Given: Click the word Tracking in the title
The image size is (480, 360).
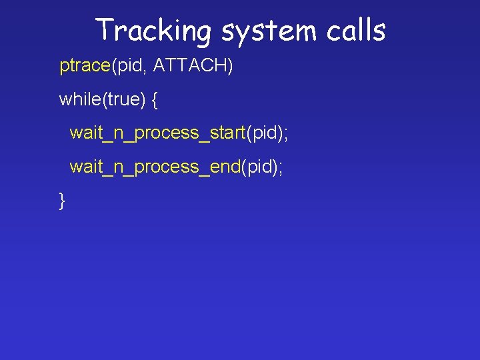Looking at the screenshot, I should tap(153, 31).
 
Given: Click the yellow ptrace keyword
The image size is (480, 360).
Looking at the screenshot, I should tap(84, 67).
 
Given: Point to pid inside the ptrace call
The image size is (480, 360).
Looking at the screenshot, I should tap(127, 67).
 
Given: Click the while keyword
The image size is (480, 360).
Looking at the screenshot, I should tap(79, 99).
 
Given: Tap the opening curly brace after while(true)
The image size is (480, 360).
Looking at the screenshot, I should tap(155, 100).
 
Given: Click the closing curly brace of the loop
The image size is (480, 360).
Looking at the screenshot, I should tap(63, 200).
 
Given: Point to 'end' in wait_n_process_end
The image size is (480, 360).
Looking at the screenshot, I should tap(225, 166).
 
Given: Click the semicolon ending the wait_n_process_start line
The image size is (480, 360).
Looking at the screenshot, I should tap(286, 134).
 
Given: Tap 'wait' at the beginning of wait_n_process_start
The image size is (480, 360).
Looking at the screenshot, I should tap(85, 133).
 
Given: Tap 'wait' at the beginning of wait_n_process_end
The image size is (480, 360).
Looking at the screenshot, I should tap(85, 166).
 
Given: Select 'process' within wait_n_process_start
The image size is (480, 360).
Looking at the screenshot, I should tap(167, 133).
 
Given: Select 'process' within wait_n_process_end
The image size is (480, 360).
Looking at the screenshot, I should tap(167, 166).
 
